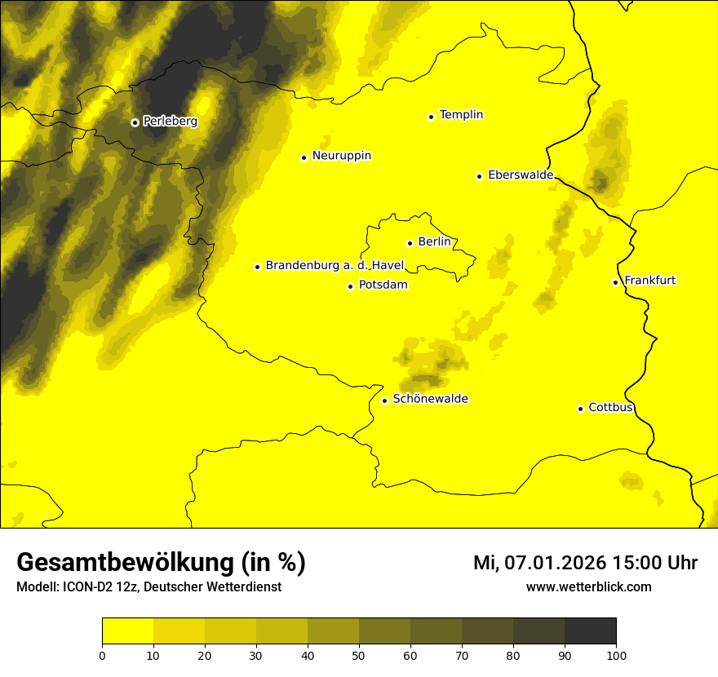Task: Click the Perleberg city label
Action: [170, 122]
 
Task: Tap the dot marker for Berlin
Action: [410, 243]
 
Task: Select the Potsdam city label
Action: [383, 285]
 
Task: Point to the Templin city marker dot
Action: [431, 117]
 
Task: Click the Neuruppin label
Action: [341, 156]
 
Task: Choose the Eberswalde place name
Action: [520, 175]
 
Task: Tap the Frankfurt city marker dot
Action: [615, 282]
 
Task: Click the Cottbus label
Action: [610, 408]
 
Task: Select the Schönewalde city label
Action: [430, 400]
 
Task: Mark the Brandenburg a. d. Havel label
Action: [335, 266]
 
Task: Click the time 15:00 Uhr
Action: [660, 563]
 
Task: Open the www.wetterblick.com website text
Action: [588, 586]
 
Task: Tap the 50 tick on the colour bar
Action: [359, 654]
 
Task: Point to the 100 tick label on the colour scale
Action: [616, 654]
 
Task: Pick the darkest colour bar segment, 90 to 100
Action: [590, 631]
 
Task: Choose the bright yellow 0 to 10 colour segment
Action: [127, 631]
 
